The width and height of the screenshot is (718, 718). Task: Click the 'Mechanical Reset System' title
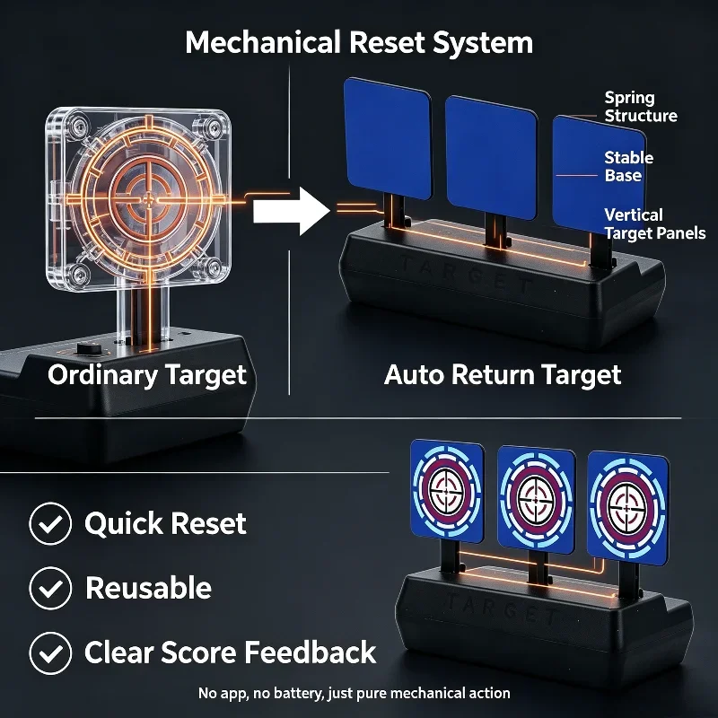[359, 43]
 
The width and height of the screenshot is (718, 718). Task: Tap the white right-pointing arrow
[292, 211]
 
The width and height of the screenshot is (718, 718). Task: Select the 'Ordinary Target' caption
[147, 375]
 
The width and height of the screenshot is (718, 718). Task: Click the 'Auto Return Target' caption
[503, 375]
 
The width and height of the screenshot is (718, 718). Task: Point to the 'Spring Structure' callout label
[641, 107]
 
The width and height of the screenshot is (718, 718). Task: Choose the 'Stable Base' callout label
[629, 167]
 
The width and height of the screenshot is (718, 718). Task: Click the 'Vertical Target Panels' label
[655, 223]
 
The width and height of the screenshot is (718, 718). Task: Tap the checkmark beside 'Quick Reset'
[50, 523]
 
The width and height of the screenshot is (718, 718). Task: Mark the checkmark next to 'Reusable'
[50, 588]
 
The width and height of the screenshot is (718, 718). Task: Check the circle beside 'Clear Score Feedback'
[50, 653]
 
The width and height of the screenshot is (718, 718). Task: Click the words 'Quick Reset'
[165, 523]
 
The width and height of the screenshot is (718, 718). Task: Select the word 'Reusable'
[148, 588]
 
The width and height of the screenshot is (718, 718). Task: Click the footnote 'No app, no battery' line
[354, 693]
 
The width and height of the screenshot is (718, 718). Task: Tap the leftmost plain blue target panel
[388, 138]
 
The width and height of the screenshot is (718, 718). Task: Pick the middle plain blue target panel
[491, 158]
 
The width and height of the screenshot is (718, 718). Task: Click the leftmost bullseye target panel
[447, 491]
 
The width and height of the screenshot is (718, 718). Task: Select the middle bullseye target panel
[536, 500]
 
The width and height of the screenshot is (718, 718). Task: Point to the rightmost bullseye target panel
[627, 508]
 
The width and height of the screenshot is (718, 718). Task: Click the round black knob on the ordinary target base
[89, 348]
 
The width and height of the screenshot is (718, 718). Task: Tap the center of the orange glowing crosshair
[149, 199]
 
